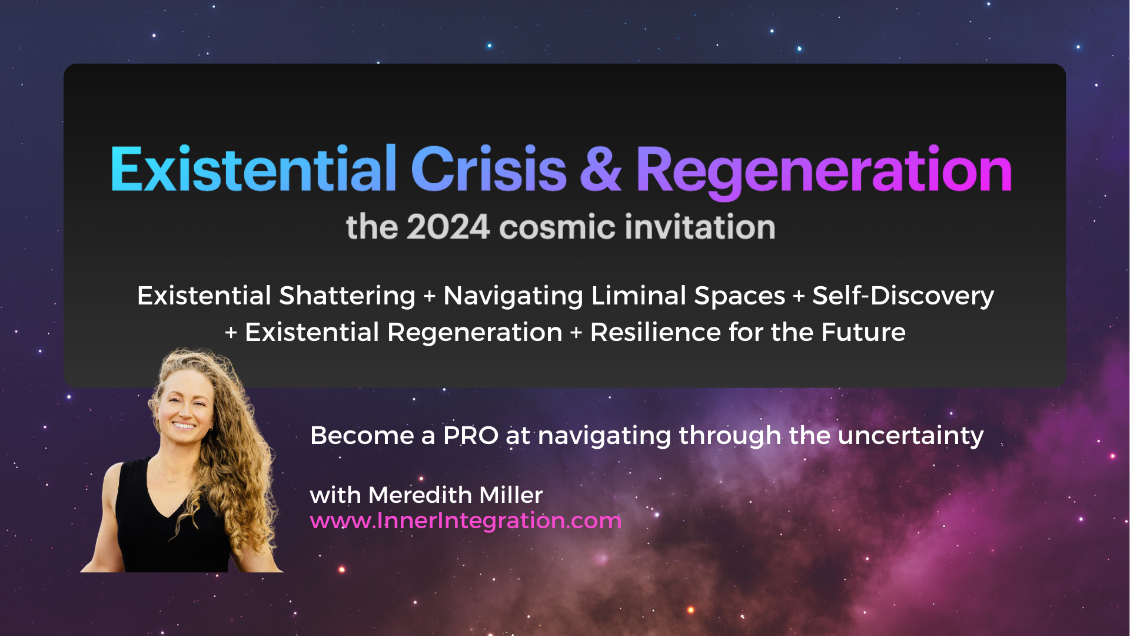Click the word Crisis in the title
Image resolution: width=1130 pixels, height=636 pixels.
pos(488,169)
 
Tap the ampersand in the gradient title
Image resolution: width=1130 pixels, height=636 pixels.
pos(600,170)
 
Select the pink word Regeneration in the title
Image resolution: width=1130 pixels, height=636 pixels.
pos(824,172)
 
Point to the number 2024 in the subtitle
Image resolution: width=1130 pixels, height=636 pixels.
pos(448,227)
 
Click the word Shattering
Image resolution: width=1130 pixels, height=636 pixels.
pos(347,296)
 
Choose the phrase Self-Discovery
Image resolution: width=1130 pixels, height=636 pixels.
pos(903,296)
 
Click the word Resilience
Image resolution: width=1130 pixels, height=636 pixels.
pos(656,332)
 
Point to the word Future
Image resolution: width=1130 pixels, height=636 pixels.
pos(863,332)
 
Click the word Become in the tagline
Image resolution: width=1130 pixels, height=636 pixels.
pos(362,436)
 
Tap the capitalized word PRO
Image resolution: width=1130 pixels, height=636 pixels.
pos(471,436)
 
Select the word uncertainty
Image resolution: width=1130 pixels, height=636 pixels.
pos(910,436)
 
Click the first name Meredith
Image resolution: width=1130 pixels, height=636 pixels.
pos(420,495)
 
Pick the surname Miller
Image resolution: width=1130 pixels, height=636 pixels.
pos(511,495)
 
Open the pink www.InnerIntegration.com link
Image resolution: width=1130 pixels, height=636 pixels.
pos(466,521)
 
